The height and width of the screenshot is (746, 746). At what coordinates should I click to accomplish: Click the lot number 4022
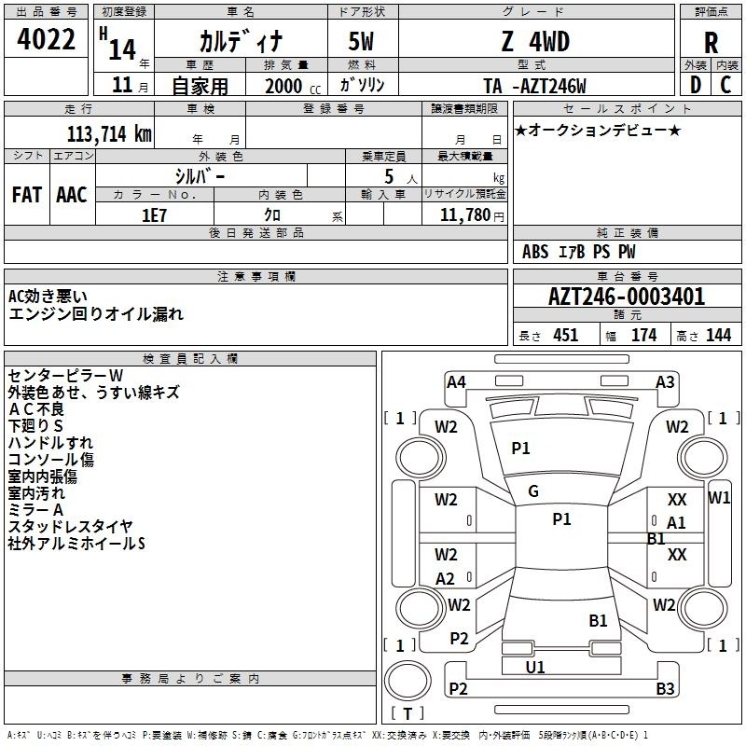tap(46, 39)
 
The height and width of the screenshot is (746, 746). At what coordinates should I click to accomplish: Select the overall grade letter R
tap(711, 43)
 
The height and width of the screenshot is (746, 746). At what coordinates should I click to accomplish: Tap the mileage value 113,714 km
tap(109, 133)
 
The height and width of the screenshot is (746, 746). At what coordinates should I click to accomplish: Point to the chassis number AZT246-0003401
tap(627, 297)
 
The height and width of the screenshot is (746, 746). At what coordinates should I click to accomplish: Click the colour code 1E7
tap(154, 215)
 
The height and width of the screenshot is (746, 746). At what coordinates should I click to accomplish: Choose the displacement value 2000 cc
tap(293, 86)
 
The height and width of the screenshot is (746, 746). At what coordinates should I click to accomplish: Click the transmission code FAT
tap(27, 195)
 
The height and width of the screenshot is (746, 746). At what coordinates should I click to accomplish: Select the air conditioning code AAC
tap(72, 195)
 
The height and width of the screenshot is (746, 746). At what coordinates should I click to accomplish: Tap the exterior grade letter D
tap(696, 85)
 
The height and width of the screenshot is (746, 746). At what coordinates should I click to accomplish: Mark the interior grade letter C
tap(725, 85)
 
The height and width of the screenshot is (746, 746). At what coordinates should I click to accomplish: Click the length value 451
tap(566, 335)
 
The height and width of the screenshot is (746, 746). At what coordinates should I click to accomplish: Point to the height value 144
tap(718, 335)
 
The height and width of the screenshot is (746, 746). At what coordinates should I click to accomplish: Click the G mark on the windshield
tap(533, 491)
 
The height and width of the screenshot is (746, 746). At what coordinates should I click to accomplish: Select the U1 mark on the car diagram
tap(535, 667)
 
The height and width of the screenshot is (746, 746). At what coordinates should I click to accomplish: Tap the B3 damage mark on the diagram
tap(665, 688)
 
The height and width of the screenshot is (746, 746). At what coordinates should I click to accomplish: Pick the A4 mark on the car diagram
tap(456, 382)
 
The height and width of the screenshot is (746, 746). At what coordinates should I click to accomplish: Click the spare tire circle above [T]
tap(408, 681)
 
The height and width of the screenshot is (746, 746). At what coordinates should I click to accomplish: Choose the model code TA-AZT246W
tap(534, 86)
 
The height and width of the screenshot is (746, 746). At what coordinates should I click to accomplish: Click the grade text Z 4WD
tap(535, 41)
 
